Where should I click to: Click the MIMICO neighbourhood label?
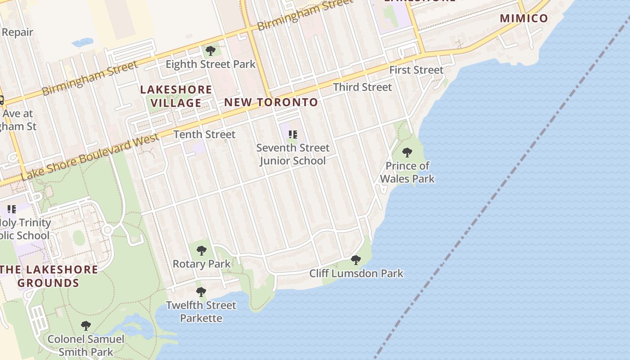[524, 18]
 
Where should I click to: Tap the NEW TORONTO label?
[271, 103]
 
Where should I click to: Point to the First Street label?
[416, 70]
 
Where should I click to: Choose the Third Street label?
[362, 87]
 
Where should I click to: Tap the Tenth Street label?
[204, 135]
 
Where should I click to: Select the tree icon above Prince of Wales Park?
[407, 153]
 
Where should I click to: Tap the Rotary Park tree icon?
[202, 250]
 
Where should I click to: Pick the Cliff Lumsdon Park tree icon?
[356, 260]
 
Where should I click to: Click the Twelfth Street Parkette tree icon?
[201, 292]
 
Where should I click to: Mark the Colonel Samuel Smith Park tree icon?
[85, 325]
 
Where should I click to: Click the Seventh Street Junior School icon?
[293, 135]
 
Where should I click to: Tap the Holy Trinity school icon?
[12, 209]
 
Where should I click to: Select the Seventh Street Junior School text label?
[292, 154]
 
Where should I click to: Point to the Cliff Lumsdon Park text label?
[356, 274]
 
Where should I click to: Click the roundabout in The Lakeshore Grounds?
[107, 230]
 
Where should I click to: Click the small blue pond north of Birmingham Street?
[82, 43]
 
